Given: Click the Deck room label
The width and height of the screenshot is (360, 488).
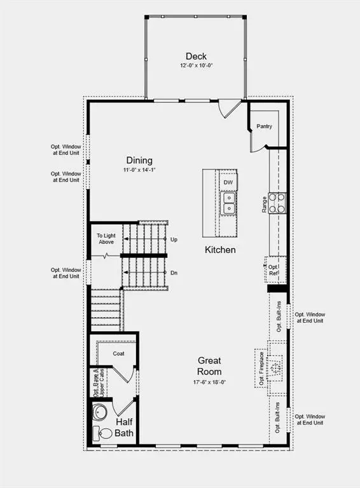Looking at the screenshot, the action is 196,57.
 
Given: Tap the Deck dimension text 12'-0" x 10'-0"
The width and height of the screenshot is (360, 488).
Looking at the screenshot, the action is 196,65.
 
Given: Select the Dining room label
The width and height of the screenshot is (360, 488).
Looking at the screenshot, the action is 139,161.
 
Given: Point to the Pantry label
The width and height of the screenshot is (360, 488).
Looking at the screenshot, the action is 264,126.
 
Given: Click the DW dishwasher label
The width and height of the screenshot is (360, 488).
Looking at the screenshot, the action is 228,182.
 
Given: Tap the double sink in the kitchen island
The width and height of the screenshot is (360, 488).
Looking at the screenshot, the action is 228,203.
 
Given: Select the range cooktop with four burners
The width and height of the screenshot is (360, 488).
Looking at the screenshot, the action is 277,203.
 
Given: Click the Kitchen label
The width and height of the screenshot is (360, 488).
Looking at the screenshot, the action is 220,250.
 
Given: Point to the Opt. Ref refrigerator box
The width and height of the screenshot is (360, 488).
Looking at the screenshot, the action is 275,270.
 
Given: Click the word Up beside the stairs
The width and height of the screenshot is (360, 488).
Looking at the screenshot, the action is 174,240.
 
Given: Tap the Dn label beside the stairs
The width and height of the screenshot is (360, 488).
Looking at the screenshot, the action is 174,273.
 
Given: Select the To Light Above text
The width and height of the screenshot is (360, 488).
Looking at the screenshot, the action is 106,239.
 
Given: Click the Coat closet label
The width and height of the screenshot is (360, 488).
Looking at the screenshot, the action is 119,353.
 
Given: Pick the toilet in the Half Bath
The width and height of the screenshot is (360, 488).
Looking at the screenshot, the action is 102,433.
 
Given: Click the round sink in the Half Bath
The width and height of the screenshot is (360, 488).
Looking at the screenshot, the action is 100,412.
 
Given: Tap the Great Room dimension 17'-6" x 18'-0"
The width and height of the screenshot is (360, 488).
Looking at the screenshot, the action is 209,382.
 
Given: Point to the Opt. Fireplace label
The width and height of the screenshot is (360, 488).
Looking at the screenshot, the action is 261,368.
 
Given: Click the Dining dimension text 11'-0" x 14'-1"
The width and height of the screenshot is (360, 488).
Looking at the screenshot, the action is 139,170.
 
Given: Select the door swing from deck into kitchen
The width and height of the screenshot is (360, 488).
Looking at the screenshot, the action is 230,108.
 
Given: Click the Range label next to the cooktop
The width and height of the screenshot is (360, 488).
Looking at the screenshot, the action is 264,205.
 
